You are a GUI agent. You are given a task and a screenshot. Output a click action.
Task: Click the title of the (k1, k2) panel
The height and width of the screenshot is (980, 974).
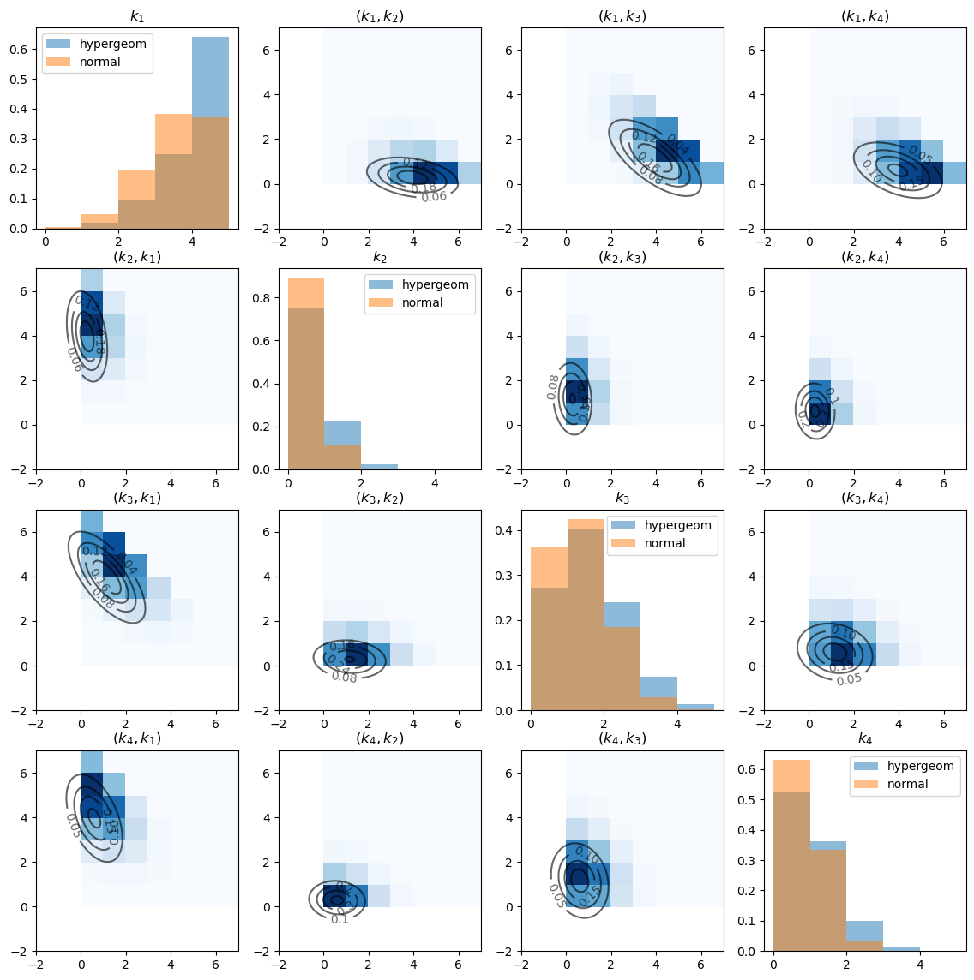(x=380, y=16)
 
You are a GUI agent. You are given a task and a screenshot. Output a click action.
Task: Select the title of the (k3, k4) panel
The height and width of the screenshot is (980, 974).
(x=865, y=498)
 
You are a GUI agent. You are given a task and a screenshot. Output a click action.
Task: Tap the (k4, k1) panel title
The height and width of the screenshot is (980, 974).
(x=137, y=738)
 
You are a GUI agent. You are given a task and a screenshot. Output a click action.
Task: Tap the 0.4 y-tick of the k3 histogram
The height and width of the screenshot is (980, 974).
(x=502, y=531)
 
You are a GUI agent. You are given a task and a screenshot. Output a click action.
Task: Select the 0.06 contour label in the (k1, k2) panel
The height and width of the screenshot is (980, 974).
(x=434, y=197)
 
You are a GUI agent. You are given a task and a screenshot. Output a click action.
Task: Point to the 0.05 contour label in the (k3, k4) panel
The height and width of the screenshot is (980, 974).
(x=849, y=679)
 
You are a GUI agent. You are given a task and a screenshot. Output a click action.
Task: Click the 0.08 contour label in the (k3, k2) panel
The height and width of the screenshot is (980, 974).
(x=344, y=678)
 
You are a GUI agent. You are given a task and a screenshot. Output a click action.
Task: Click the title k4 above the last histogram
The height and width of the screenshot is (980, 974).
(x=865, y=738)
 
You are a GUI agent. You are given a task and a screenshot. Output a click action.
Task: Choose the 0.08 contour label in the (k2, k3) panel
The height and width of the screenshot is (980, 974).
(x=553, y=387)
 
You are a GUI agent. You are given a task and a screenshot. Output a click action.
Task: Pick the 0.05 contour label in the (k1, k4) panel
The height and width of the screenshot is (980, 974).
(x=919, y=155)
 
